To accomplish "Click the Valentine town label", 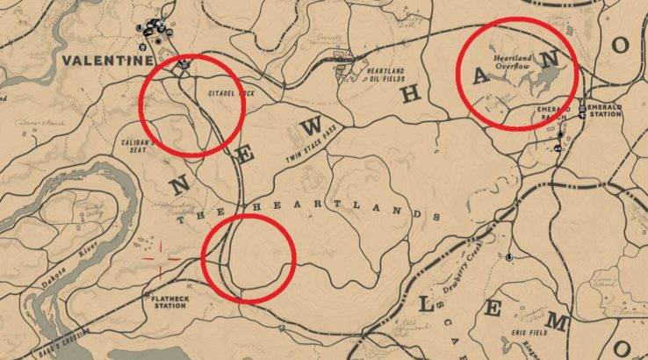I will click(104, 61).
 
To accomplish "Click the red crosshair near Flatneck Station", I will click(161, 259).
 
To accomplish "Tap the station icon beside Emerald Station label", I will click(581, 112).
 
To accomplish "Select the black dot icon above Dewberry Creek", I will click(509, 258).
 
